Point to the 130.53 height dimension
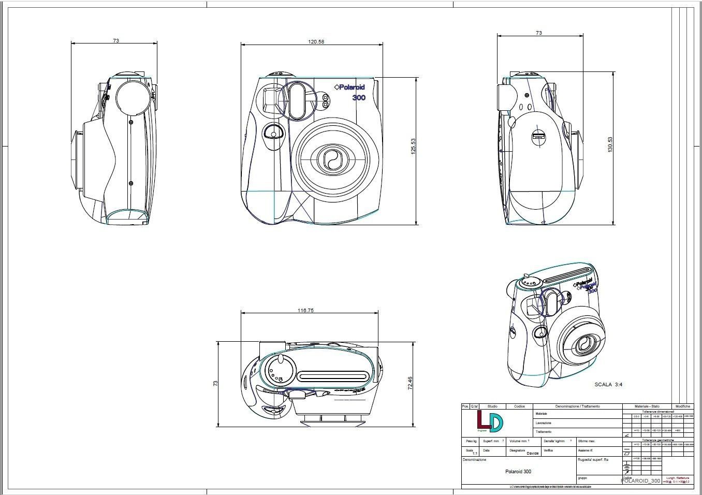coord(610,144)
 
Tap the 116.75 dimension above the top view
coord(305,311)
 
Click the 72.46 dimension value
coord(410,384)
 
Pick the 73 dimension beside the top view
coord(215,383)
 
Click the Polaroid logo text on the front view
coord(349,88)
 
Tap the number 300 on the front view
coord(359,98)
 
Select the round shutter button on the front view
coord(273,134)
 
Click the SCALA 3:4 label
coord(608,385)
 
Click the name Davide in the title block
coord(533,453)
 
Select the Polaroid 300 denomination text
coord(518,472)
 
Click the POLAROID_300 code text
coord(640,481)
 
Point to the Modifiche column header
coord(682,406)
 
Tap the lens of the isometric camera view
coord(583,344)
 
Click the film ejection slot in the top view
coord(333,376)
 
